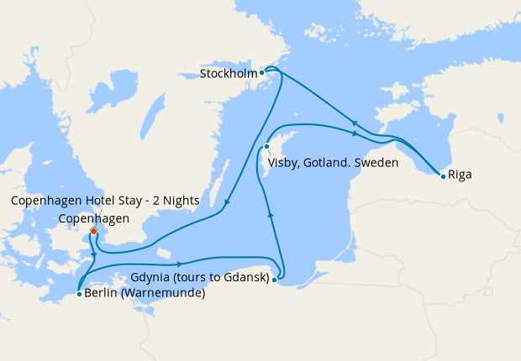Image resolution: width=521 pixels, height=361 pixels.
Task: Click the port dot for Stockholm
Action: [x=262, y=72]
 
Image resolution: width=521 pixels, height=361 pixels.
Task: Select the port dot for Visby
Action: [x=266, y=147]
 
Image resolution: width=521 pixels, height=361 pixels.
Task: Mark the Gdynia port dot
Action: [x=274, y=279]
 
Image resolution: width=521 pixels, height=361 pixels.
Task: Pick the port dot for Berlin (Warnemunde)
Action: [x=78, y=294]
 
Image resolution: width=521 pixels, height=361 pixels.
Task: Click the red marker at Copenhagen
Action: [x=93, y=231]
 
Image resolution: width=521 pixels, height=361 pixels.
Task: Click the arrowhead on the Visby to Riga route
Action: [x=356, y=133]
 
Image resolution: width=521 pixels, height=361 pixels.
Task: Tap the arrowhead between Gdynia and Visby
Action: [x=270, y=216]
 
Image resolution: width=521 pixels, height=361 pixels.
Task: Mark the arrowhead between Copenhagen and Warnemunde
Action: [x=93, y=254]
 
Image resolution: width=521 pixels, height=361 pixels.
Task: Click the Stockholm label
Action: [x=229, y=73]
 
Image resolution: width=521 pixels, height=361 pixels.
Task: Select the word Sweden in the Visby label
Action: [x=376, y=163]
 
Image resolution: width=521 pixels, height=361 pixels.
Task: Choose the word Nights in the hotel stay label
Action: [x=176, y=200]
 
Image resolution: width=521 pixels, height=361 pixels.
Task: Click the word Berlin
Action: [x=102, y=294]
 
